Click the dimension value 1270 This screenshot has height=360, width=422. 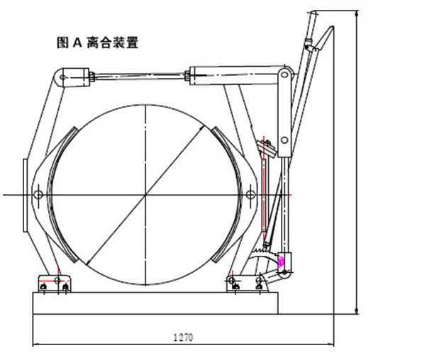[x=184, y=337]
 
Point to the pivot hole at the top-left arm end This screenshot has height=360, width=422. [x=64, y=77]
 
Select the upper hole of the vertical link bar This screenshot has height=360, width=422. [x=284, y=75]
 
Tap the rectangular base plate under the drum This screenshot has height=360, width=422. [x=155, y=303]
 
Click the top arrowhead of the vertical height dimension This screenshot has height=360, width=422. [x=355, y=13]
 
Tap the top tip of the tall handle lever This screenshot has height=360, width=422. [x=312, y=12]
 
